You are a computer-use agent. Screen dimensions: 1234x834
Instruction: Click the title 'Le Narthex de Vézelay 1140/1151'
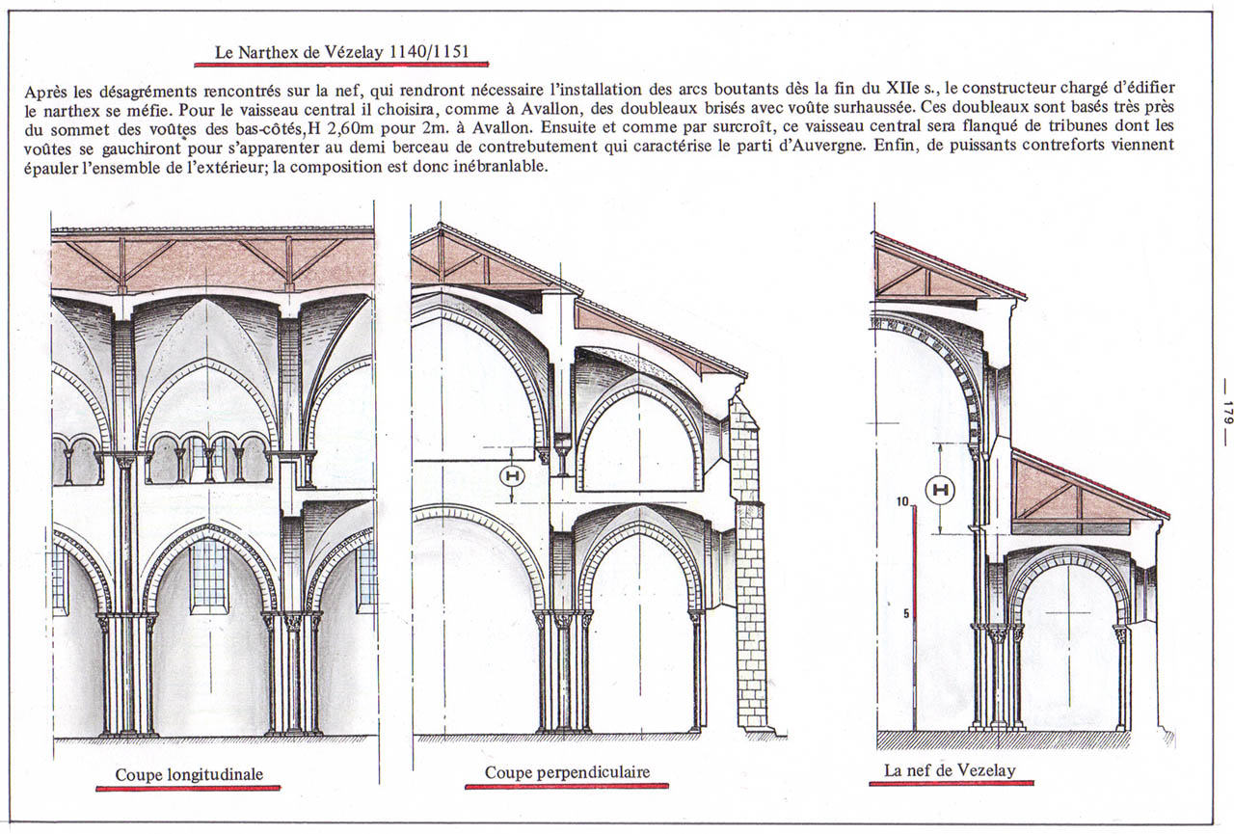tap(341, 52)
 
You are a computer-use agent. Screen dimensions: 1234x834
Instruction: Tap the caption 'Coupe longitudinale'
tap(189, 774)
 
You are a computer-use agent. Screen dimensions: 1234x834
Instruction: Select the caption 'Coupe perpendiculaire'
tap(567, 772)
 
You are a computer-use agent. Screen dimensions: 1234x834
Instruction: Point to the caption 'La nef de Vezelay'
tap(950, 770)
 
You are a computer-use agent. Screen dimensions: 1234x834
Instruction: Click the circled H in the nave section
tap(940, 490)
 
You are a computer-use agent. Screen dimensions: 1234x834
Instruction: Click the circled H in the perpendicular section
tap(512, 476)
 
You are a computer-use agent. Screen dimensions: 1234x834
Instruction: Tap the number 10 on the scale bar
tap(902, 501)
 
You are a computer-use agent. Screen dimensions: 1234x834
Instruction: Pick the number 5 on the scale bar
tap(905, 613)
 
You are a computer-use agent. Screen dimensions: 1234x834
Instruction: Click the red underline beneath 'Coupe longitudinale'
tap(188, 789)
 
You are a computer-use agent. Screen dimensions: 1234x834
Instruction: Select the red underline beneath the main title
tap(341, 65)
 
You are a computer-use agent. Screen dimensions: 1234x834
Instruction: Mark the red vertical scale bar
tap(915, 617)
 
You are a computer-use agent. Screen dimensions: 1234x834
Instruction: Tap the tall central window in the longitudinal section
tap(209, 577)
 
